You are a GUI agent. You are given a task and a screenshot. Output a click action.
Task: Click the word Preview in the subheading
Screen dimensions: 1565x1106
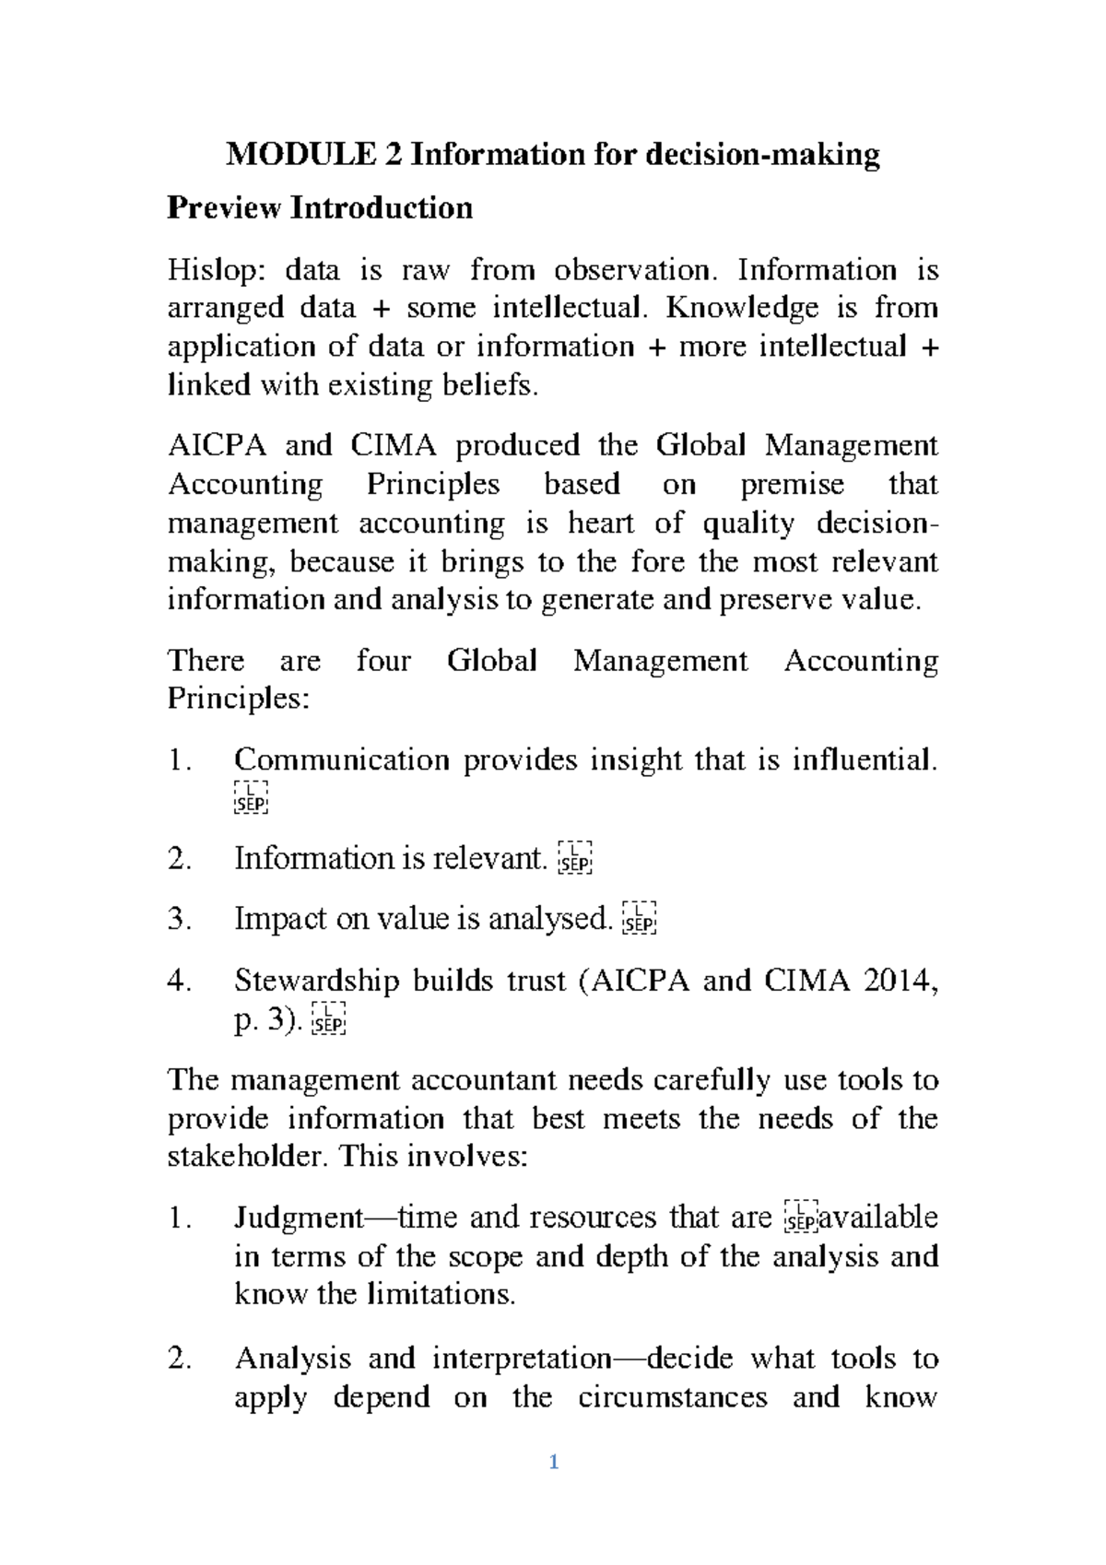coord(223,207)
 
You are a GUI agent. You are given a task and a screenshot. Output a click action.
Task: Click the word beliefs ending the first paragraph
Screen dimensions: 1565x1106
coord(497,384)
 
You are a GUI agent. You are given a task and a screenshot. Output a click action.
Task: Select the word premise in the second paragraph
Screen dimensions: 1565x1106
coord(792,485)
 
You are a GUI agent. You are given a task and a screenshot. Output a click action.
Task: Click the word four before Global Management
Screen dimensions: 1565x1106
coord(382,661)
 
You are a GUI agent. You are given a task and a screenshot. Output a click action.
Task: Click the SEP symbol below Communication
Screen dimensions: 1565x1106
coord(251,797)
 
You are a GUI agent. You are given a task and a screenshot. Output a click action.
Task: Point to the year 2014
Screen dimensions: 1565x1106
coord(898,981)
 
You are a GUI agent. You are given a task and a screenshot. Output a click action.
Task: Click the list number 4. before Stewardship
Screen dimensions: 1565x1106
coord(180,981)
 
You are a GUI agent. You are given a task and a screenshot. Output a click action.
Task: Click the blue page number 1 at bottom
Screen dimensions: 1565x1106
coord(553,1462)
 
